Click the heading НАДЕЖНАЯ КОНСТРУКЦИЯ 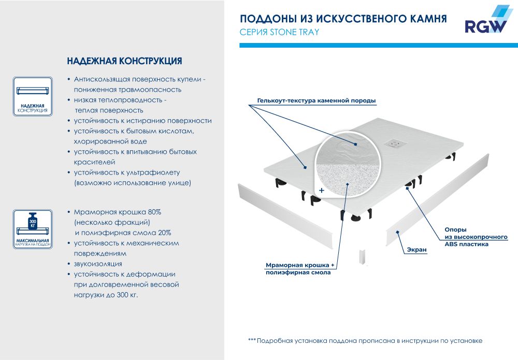pos(124,61)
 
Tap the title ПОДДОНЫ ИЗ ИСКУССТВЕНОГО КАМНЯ pos(343,19)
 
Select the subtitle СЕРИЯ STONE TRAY pos(279,32)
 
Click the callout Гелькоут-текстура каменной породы pos(316,100)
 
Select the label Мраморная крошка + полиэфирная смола pos(300,268)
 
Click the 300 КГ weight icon pos(33,220)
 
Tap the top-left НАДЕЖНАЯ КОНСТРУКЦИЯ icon pos(33,95)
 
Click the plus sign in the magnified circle pos(321,191)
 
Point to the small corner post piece pos(362,256)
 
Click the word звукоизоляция pos(98,264)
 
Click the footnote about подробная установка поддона pos(365,341)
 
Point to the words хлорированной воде pos(110,141)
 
